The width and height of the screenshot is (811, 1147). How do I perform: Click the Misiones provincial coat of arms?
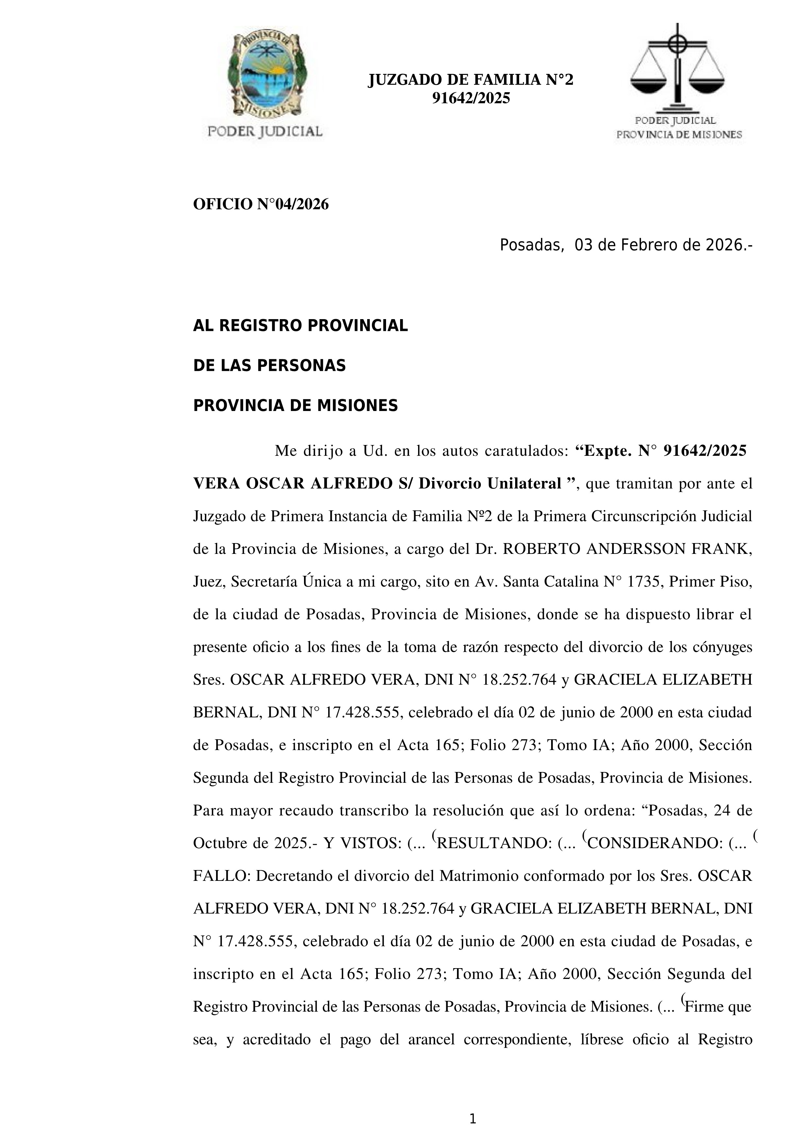point(265,75)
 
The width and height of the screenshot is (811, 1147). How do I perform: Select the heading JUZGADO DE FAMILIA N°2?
point(470,80)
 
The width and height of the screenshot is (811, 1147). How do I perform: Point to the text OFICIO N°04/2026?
point(261,204)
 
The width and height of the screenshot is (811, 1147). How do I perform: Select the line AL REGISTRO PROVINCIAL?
point(300,326)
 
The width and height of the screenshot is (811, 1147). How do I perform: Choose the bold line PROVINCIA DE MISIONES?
point(295,406)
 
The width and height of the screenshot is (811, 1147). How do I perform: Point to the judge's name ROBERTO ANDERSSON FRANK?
point(627,549)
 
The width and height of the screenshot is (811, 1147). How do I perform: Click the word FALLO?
point(220,876)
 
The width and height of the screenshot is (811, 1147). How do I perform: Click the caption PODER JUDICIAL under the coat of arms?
point(265,131)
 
